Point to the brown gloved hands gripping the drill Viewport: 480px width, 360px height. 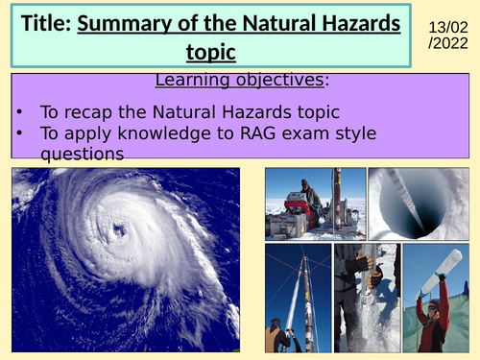click(362, 264)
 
